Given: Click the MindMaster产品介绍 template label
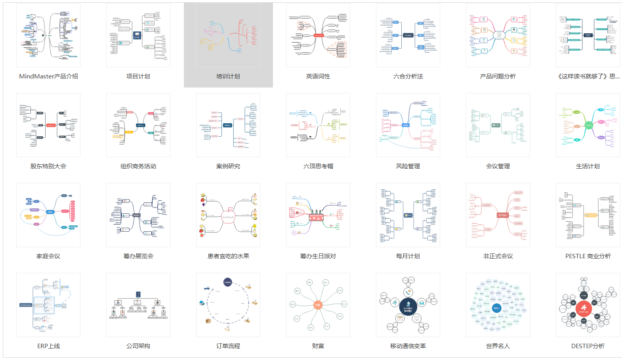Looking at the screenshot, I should point(48,76).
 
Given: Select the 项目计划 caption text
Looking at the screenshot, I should point(138,76).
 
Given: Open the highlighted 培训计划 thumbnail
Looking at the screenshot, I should point(228,36).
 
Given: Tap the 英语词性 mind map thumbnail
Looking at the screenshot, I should point(318,36).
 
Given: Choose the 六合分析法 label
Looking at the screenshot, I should point(408,76).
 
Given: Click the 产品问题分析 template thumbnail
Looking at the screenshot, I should point(498,36).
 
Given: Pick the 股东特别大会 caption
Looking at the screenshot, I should point(48,166).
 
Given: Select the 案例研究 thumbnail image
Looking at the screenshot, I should point(228,125).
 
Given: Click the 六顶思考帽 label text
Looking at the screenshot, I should point(318,166).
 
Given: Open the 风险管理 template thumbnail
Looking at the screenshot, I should point(408,125).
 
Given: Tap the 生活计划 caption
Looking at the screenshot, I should point(588,166).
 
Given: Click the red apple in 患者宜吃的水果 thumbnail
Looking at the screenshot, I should point(228,216).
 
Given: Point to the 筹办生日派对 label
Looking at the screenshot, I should point(318,256).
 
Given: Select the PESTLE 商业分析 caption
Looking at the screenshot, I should point(588,256).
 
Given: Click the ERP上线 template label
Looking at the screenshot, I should point(48,346).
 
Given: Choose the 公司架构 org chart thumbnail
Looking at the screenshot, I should point(138,305).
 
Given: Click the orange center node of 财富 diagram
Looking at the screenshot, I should point(318,305).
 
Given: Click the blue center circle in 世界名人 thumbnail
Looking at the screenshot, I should point(497,308).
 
